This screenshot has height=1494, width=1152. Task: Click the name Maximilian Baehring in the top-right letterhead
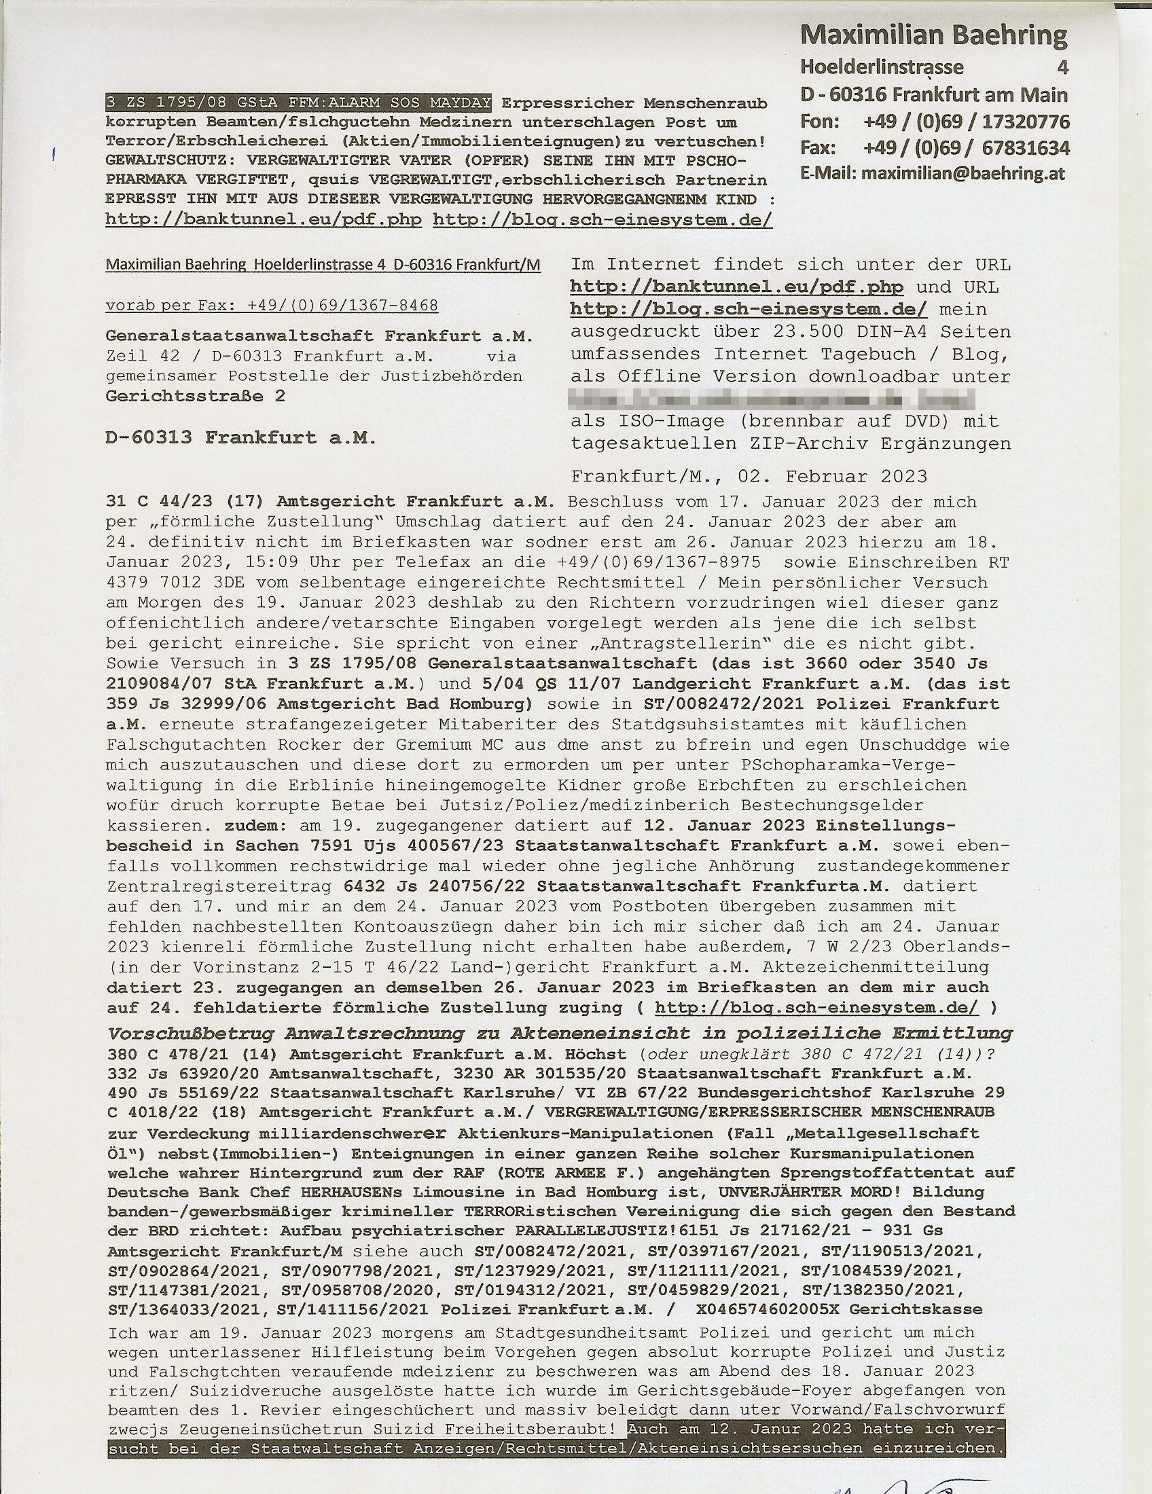coord(933,35)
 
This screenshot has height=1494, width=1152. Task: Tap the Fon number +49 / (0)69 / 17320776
coord(966,122)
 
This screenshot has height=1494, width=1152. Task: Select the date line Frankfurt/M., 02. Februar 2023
coord(749,476)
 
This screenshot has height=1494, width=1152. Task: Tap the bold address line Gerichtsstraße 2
coord(196,396)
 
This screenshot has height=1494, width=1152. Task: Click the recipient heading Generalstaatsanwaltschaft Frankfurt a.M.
coord(319,336)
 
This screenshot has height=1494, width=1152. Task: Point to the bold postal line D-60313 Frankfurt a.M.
coord(241,438)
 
